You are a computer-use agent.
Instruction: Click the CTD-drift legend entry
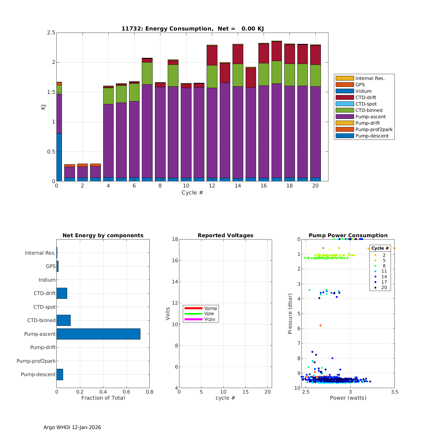point(365,97)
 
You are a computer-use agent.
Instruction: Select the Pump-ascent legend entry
point(370,117)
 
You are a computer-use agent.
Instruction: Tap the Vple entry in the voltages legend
point(209,314)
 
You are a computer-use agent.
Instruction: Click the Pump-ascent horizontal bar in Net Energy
point(98,334)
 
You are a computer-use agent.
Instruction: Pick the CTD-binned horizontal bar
point(63,320)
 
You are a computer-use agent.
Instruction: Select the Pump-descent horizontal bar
point(60,374)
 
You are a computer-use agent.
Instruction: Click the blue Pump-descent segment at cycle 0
point(59,157)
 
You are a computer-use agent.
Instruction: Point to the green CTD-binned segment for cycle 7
point(147,73)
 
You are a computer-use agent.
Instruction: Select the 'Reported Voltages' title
point(225,235)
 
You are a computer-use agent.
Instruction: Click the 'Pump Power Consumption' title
point(348,235)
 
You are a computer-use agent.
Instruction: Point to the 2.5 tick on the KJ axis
point(51,33)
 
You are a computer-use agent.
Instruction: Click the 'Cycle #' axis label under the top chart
point(192,193)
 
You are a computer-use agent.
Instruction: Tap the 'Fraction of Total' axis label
point(103,398)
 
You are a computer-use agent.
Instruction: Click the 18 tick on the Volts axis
point(175,239)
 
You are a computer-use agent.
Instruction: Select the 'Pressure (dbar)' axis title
point(290,314)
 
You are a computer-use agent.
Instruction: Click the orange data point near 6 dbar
point(320,326)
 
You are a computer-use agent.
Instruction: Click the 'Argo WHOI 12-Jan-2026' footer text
point(72,427)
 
